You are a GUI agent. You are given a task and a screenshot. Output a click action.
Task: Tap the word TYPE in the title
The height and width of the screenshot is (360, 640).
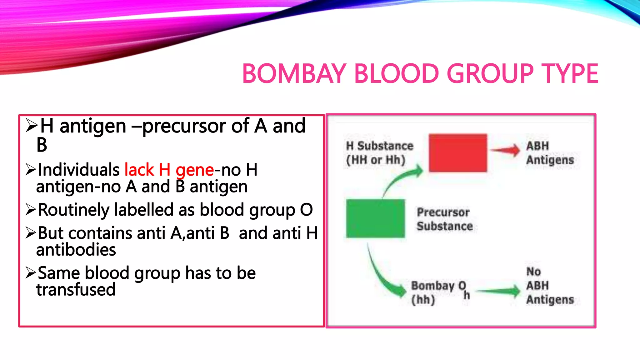click(569, 74)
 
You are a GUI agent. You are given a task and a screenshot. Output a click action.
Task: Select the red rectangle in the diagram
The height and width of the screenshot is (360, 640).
click(458, 153)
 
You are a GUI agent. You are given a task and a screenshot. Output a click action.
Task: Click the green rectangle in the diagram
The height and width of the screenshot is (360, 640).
click(375, 218)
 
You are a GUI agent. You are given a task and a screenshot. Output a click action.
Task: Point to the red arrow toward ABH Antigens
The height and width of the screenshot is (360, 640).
click(505, 150)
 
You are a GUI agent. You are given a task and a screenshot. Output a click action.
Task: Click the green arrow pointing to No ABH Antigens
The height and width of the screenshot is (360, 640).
click(499, 291)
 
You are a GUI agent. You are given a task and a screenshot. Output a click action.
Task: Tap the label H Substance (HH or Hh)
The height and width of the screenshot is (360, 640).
click(379, 153)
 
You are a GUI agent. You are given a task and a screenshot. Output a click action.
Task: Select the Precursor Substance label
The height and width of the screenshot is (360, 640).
click(444, 219)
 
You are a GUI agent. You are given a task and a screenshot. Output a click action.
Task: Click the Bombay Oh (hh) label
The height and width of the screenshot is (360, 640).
click(439, 292)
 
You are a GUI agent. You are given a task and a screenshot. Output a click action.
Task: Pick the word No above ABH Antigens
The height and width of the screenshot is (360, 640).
click(533, 272)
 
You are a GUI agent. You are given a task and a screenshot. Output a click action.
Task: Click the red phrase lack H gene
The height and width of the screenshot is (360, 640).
click(169, 170)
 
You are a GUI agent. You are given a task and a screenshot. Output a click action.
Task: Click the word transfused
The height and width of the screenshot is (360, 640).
click(76, 289)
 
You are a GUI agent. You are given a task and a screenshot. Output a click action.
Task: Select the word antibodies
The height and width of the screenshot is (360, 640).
click(76, 250)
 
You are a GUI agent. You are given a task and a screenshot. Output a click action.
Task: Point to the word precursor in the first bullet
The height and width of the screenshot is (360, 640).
click(184, 126)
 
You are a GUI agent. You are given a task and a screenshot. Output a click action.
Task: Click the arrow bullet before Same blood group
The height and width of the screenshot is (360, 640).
click(31, 273)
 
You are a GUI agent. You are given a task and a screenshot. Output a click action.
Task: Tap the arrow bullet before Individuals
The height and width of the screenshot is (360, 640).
click(31, 170)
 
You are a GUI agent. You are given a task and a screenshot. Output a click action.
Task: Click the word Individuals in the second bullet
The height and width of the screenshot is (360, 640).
click(78, 170)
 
